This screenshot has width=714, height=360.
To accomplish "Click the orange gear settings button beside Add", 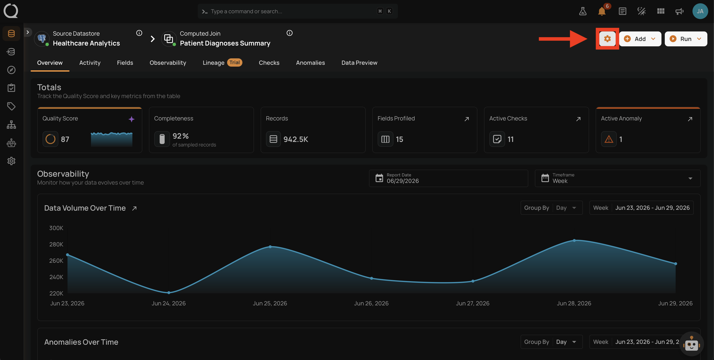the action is [x=607, y=39].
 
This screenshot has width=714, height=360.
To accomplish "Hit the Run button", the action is [x=686, y=39].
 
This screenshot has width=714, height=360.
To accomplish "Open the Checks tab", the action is [x=269, y=63].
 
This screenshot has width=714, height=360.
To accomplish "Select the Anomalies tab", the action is [x=310, y=63].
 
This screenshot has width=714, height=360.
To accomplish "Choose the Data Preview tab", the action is [x=359, y=63].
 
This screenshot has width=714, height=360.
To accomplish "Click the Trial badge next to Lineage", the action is [x=235, y=62].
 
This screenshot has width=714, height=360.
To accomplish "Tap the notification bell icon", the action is [x=601, y=11].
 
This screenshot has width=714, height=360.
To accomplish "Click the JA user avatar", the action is [x=700, y=11].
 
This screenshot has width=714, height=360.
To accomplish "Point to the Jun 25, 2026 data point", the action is [x=270, y=247].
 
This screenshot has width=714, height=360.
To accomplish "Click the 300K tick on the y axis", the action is [x=56, y=228].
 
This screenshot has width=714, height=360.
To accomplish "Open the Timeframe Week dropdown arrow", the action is [x=690, y=178].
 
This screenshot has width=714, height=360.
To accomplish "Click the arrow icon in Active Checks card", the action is [x=578, y=119].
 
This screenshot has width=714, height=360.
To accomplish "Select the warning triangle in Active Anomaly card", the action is [x=609, y=139].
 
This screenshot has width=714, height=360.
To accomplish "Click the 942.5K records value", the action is [x=296, y=139].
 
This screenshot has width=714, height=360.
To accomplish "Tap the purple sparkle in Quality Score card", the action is [x=131, y=119].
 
